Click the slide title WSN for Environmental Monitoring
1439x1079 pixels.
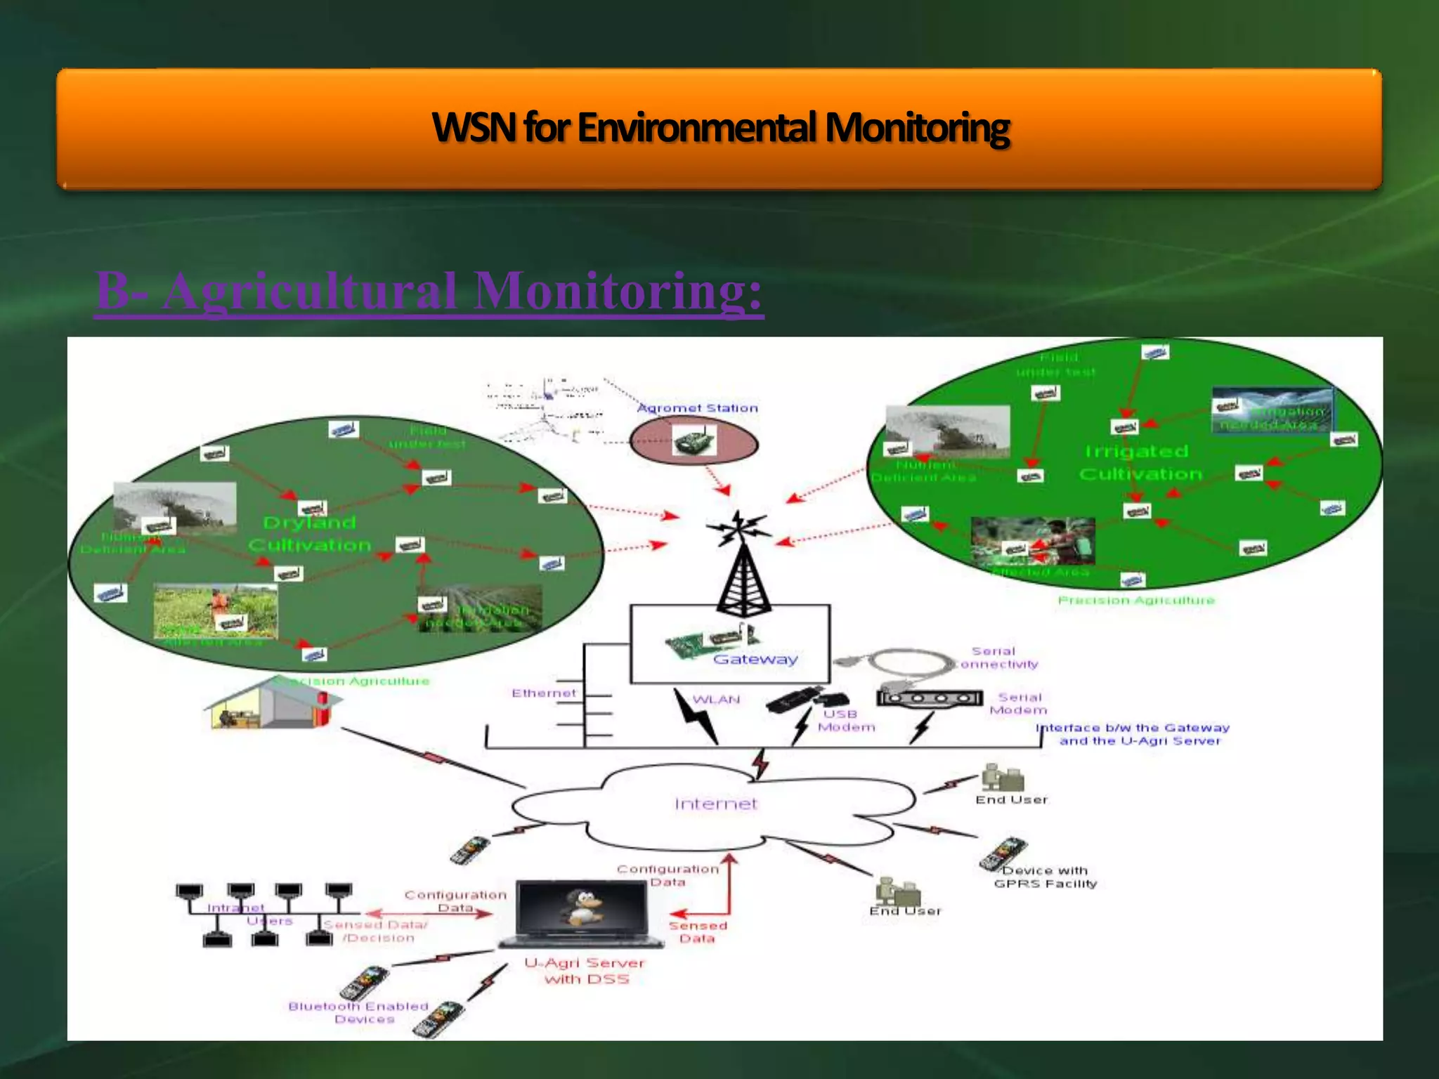720,128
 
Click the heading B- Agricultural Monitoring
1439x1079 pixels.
429,292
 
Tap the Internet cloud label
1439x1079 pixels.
716,804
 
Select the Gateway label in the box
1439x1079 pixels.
755,659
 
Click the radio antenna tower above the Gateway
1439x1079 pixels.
743,569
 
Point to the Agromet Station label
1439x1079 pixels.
697,408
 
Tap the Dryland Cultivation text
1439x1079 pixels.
309,534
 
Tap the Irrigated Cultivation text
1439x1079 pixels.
1140,462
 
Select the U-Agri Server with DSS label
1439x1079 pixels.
585,971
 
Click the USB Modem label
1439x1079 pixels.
846,721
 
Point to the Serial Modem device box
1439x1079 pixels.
929,698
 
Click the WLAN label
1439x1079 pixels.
716,700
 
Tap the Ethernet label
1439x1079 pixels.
543,693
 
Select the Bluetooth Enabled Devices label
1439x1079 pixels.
359,1012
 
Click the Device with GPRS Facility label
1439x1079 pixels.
1045,877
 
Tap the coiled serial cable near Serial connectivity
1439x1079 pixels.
899,663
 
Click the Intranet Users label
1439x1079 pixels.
249,914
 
